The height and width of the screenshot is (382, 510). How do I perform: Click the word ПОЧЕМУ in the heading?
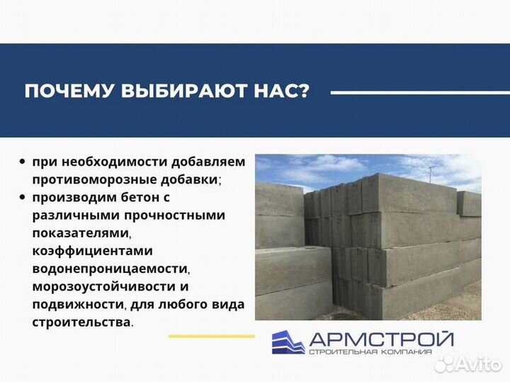click(x=62, y=91)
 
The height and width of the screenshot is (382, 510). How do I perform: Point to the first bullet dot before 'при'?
click(x=24, y=162)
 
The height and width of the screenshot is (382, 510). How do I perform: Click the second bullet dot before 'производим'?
click(x=24, y=197)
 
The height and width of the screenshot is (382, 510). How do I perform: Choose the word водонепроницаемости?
click(x=110, y=269)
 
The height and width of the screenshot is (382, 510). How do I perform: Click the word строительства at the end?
click(x=81, y=322)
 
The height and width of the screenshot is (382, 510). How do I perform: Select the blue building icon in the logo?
click(x=288, y=342)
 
